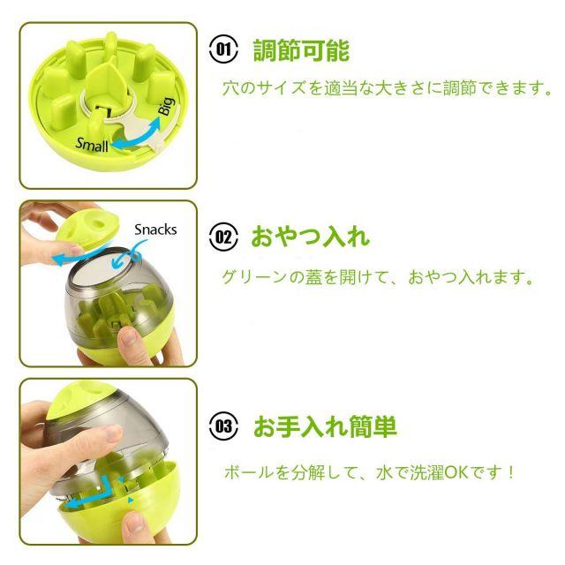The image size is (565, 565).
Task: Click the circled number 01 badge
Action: (x=223, y=49)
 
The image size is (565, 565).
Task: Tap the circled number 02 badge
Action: (x=223, y=237)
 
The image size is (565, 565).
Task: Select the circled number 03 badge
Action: (x=223, y=426)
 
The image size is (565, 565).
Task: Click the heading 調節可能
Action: (x=301, y=50)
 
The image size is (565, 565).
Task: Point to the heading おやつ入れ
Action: (x=310, y=237)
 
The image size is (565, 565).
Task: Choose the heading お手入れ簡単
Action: (x=325, y=426)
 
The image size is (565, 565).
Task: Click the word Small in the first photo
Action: (x=92, y=145)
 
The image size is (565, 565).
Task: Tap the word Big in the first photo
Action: (x=167, y=106)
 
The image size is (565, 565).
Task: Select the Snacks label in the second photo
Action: (x=155, y=230)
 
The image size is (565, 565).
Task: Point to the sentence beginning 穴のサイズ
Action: (x=387, y=88)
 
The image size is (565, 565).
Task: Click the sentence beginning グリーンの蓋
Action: (x=377, y=277)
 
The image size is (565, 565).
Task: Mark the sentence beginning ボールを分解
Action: (x=368, y=472)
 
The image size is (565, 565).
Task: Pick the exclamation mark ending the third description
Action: (x=510, y=472)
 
